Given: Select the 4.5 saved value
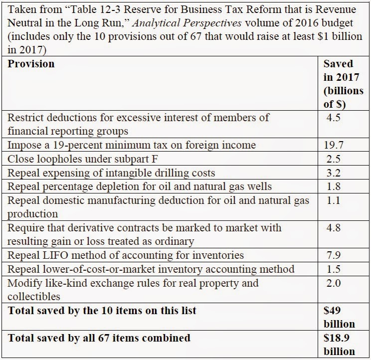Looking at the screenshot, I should [333, 118].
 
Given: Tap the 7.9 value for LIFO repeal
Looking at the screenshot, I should [333, 255].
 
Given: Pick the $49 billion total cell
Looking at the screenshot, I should [339, 317].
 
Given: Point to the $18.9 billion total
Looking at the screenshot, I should [340, 344].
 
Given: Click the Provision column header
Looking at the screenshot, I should [31, 64].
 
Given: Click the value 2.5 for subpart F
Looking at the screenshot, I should [333, 160].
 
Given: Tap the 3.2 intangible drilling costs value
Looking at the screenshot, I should [333, 173].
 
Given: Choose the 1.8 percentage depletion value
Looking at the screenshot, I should [333, 187].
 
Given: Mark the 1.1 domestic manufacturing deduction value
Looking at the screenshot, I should [333, 200].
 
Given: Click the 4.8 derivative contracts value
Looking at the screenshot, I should [333, 228].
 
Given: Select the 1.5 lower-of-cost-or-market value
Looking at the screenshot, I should [333, 269].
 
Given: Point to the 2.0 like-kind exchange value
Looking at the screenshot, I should [333, 283].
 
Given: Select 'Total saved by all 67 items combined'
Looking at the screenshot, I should [99, 338].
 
